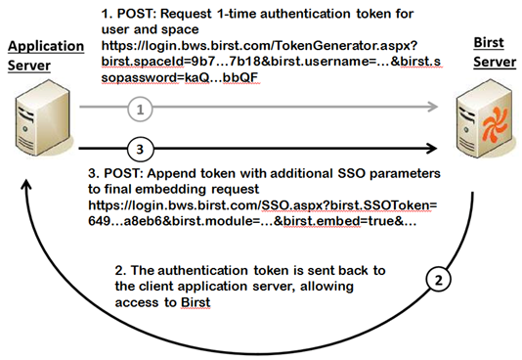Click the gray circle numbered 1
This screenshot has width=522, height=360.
click(x=140, y=110)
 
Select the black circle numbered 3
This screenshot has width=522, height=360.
click(x=140, y=149)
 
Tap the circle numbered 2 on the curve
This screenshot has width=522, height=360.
click(x=439, y=280)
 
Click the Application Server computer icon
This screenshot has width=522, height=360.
click(x=43, y=117)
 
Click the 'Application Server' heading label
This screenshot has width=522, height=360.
click(x=46, y=56)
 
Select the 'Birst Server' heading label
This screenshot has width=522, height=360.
click(x=495, y=52)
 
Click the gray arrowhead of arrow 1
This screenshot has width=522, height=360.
click(x=432, y=107)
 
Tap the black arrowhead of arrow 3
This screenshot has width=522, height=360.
click(x=431, y=148)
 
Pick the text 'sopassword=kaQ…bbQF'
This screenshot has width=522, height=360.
click(x=180, y=77)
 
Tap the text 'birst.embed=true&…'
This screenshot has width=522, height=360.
click(x=350, y=221)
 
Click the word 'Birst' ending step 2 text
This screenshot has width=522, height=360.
click(x=196, y=302)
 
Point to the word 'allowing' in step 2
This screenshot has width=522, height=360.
click(x=326, y=287)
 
